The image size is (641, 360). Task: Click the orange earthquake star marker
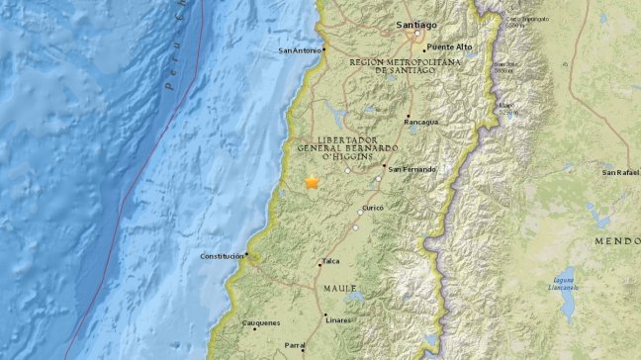coord(313,182)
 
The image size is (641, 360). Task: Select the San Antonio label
coord(300,50)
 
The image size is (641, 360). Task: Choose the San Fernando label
coord(411,169)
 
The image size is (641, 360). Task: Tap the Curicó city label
coord(371,208)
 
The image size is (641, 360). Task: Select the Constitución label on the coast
coord(221,255)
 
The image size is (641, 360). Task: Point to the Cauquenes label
coord(261,322)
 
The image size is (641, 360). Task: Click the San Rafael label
coord(620,173)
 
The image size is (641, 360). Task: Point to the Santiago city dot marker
coord(419,38)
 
